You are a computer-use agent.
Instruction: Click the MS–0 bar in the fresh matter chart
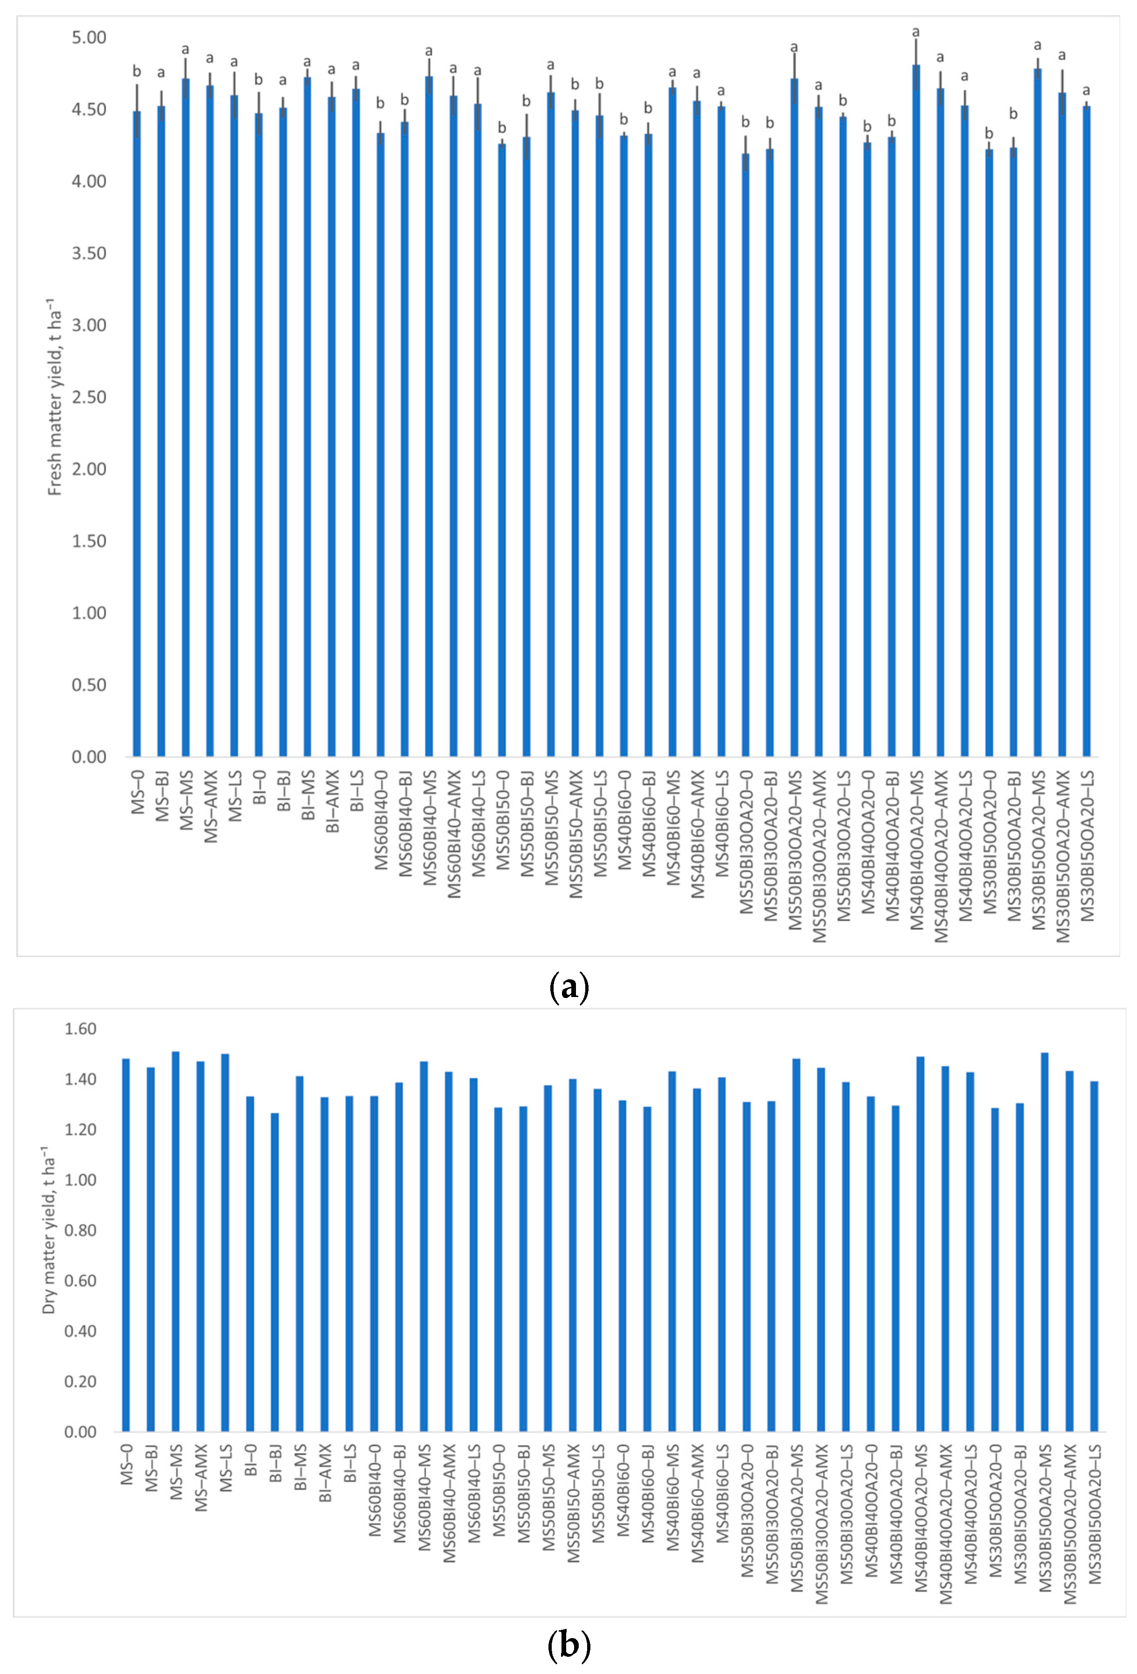137,434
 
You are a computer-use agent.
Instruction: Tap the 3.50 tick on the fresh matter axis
89,253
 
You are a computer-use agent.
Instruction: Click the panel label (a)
568,986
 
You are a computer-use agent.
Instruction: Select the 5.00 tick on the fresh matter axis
89,37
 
